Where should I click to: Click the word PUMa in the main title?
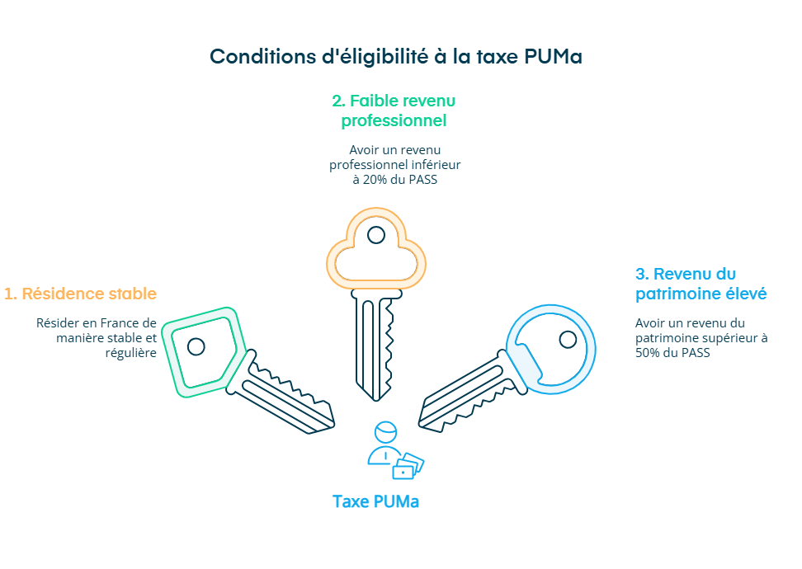[x=554, y=56]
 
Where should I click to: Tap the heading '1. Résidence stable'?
[x=80, y=294]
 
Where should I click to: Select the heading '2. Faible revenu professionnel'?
[x=394, y=111]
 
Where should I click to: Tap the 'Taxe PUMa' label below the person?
[x=375, y=501]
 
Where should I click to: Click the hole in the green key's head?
[x=196, y=346]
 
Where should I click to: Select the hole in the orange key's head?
[x=375, y=235]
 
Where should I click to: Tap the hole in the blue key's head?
[x=568, y=339]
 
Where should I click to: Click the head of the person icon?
[x=384, y=433]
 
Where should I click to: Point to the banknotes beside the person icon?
[x=408, y=466]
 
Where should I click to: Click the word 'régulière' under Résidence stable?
[x=131, y=352]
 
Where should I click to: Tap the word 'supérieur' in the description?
[x=733, y=338]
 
